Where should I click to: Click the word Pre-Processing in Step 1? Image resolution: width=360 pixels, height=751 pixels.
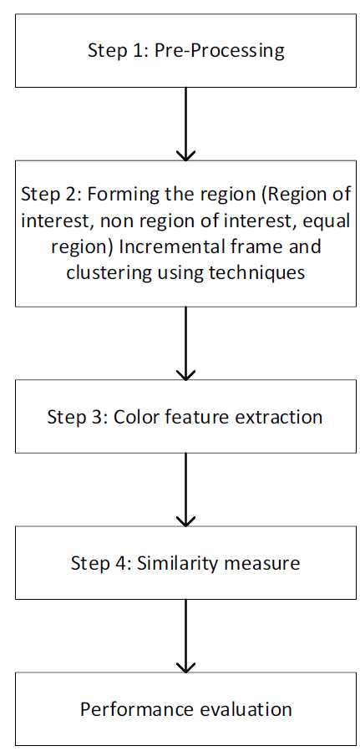tap(219, 50)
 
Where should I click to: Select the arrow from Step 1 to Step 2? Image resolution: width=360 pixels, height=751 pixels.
tap(185, 124)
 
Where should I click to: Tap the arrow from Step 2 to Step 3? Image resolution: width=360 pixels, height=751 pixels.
tap(185, 343)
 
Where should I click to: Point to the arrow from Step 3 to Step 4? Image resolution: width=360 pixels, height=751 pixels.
tap(185, 490)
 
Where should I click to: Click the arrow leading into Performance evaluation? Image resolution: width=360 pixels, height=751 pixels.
tap(185, 636)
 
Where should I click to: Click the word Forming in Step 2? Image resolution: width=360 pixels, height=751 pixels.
tap(119, 195)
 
